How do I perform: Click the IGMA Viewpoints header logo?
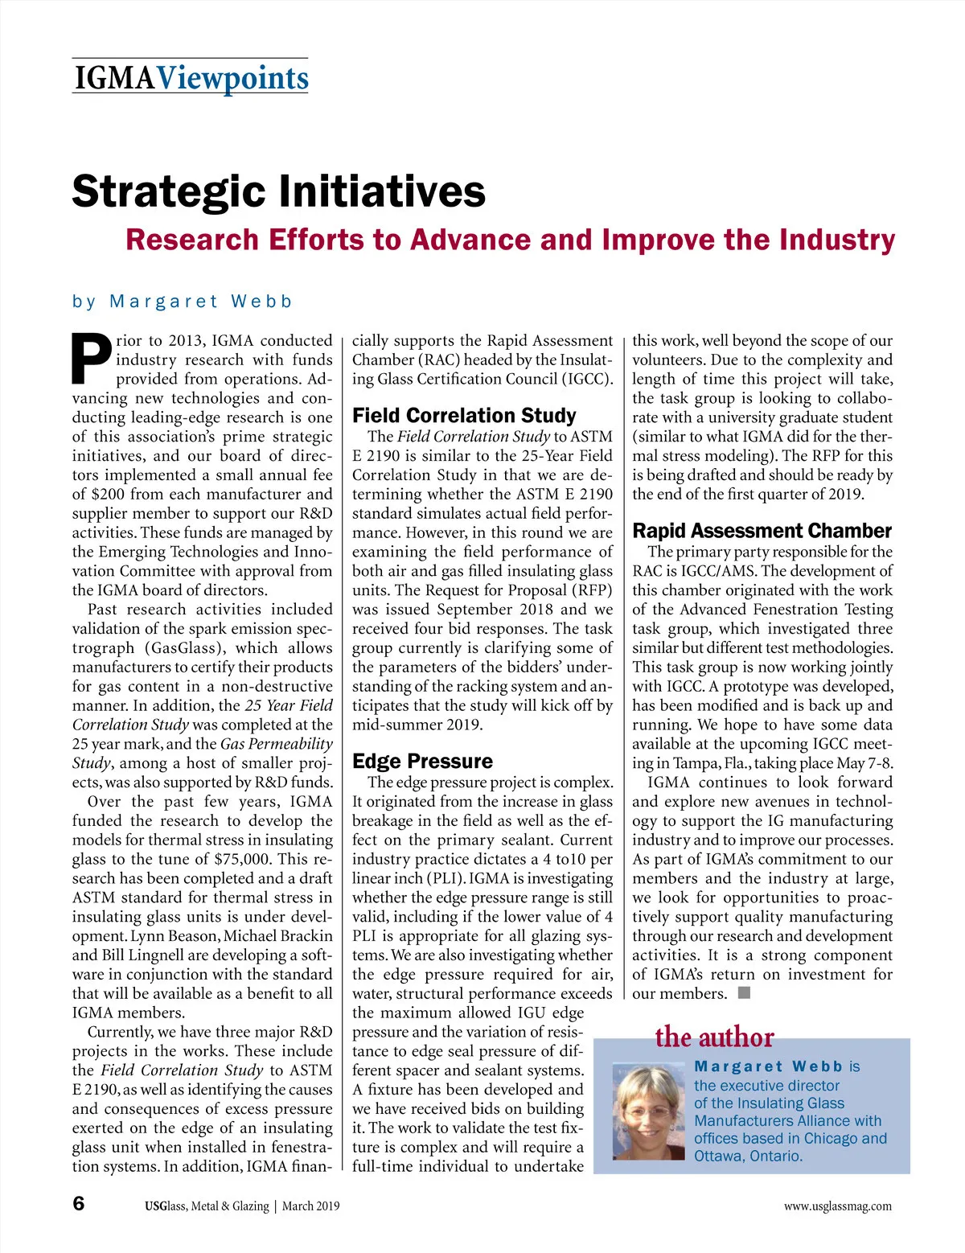191,78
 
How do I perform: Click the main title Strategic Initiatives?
278,191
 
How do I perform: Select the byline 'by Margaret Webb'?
182,302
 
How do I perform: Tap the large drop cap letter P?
91,358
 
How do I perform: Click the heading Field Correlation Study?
464,416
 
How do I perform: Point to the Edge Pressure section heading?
422,762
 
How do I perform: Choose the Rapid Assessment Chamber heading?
762,531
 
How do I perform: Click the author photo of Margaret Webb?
647,1111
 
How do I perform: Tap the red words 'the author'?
714,1037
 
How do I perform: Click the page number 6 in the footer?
78,1204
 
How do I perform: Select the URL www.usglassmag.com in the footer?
837,1206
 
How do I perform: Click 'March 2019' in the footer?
310,1206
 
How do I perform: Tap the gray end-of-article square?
744,992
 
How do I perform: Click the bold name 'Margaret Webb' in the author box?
768,1066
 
